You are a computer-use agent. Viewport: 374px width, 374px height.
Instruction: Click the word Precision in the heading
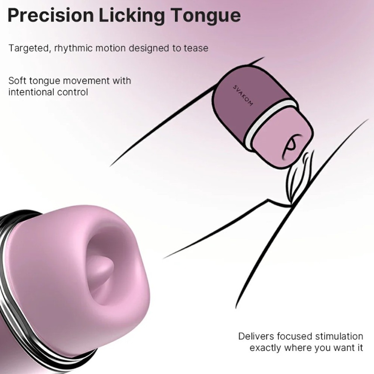tap(50, 16)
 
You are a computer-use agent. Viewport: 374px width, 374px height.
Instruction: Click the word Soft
tap(18, 81)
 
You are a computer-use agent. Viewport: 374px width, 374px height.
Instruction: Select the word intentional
tap(30, 92)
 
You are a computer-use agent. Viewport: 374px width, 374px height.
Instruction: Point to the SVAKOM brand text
tap(243, 95)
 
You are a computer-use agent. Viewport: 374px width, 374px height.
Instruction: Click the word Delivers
tap(256, 336)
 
